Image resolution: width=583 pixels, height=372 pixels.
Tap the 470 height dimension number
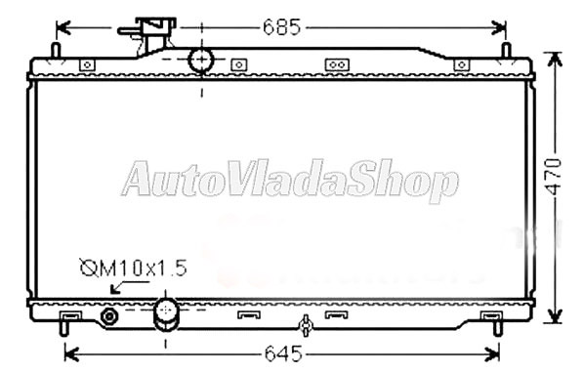tap(555, 177)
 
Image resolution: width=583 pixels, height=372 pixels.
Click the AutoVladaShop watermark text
tap(289, 181)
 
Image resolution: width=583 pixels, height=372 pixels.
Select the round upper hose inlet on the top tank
tap(201, 60)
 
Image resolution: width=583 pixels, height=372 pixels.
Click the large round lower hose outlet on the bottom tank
tap(167, 313)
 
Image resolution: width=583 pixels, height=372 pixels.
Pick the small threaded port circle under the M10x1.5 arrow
tap(108, 316)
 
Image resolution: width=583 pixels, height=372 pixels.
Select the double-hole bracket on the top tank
tap(336, 64)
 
